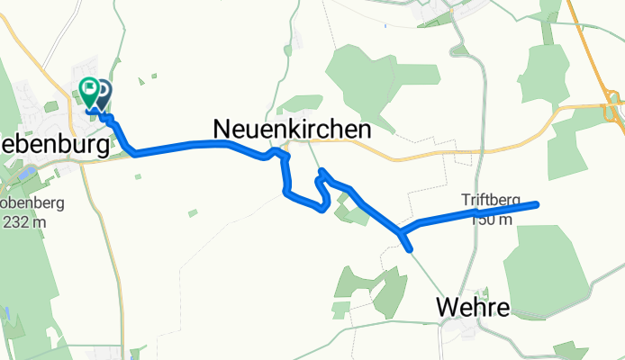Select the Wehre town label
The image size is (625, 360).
(472, 308)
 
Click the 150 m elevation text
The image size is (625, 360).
(492, 219)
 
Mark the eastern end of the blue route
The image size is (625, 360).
(537, 204)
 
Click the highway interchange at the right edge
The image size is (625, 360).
(612, 104)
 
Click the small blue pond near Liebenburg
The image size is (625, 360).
(7, 315)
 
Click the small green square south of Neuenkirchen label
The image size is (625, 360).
(192, 213)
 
